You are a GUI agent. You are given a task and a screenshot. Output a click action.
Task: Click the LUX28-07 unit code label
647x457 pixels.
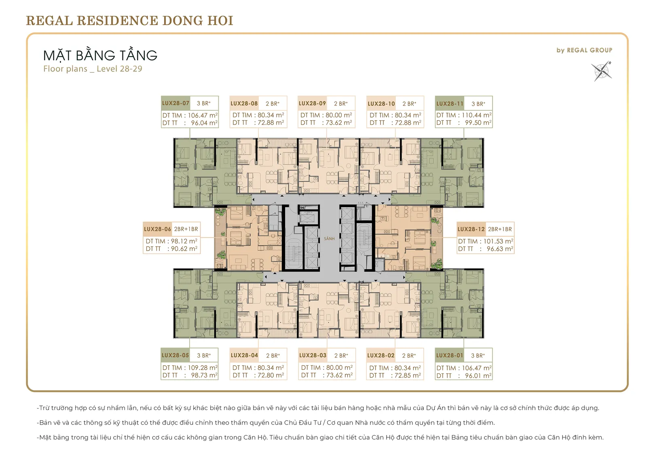[x=175, y=103]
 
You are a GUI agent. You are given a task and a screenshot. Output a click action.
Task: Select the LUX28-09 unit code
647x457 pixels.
[x=312, y=103]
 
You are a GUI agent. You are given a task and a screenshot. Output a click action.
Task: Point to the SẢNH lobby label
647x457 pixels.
[x=329, y=239]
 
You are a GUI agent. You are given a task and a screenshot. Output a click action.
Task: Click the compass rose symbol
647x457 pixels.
[x=601, y=71]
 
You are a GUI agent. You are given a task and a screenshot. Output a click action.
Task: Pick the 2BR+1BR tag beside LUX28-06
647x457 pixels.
[x=186, y=229]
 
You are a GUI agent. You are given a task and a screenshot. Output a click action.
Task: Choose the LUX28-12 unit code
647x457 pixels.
[x=471, y=229]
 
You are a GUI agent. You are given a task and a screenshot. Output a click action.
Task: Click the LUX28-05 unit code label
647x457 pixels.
[x=175, y=356]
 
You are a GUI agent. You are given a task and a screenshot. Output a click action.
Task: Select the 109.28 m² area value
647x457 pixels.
[x=203, y=368]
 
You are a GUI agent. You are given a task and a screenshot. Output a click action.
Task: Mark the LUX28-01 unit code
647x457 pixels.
[x=450, y=356]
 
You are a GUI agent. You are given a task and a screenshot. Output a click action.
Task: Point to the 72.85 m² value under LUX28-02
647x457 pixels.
[x=408, y=375]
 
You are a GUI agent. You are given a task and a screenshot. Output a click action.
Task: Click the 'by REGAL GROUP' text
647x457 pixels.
[x=584, y=50]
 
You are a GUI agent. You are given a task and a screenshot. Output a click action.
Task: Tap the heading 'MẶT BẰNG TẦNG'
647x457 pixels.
[x=100, y=55]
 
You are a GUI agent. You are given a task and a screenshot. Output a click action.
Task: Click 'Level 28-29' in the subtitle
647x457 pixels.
[x=119, y=69]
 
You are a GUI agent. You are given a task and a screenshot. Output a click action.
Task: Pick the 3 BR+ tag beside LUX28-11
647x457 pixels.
[x=478, y=103]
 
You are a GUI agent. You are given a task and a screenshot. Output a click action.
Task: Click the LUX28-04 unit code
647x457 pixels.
[x=244, y=356]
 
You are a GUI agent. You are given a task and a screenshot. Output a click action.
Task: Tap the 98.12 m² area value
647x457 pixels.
[x=184, y=241]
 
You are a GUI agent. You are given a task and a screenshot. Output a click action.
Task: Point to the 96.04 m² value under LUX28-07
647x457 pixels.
[x=204, y=123]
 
